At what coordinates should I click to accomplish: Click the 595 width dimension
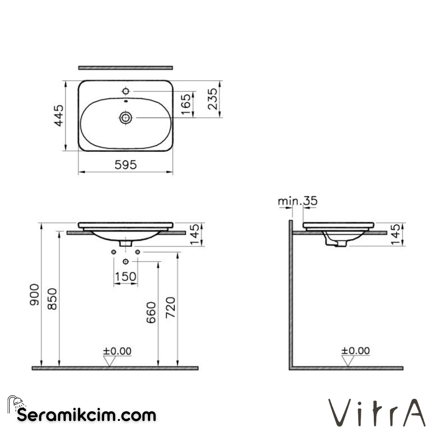pyautogui.click(x=126, y=165)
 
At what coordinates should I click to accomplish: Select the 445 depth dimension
pyautogui.click(x=59, y=115)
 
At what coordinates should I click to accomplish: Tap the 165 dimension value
pyautogui.click(x=186, y=105)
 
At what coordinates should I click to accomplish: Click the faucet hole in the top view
pyautogui.click(x=126, y=91)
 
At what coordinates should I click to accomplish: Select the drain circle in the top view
pyautogui.click(x=126, y=117)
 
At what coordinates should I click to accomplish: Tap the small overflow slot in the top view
pyautogui.click(x=126, y=101)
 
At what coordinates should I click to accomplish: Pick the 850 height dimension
pyautogui.click(x=52, y=299)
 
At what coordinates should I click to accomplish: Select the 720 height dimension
pyautogui.click(x=171, y=307)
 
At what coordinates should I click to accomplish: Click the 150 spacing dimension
pyautogui.click(x=125, y=277)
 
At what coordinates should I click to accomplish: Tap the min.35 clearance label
pyautogui.click(x=298, y=201)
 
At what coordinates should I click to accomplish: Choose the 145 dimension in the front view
pyautogui.click(x=195, y=235)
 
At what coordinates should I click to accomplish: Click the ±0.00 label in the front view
pyautogui.click(x=117, y=351)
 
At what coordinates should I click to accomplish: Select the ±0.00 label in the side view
pyautogui.click(x=355, y=351)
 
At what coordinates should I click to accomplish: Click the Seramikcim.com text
pyautogui.click(x=86, y=415)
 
